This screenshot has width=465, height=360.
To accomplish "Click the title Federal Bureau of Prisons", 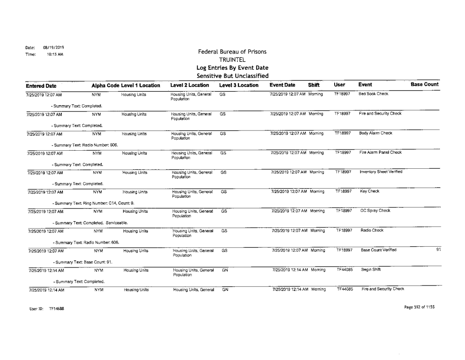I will (x=232, y=52).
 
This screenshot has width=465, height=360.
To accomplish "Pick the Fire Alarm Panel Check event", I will (x=381, y=152).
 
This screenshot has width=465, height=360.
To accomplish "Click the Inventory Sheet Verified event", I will (x=382, y=171).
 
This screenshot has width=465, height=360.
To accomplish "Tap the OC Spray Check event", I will (x=376, y=210).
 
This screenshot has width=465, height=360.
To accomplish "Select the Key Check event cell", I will (x=369, y=191).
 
